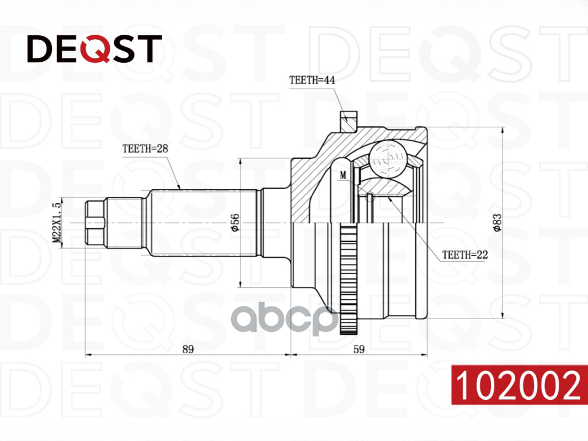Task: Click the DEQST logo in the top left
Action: pos(94,49)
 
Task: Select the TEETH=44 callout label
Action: pos(312,79)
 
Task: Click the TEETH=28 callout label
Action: pos(145,148)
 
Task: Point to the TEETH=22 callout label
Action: pos(464,255)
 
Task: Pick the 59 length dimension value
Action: pos(359,348)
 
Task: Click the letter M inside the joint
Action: pos(344,175)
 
